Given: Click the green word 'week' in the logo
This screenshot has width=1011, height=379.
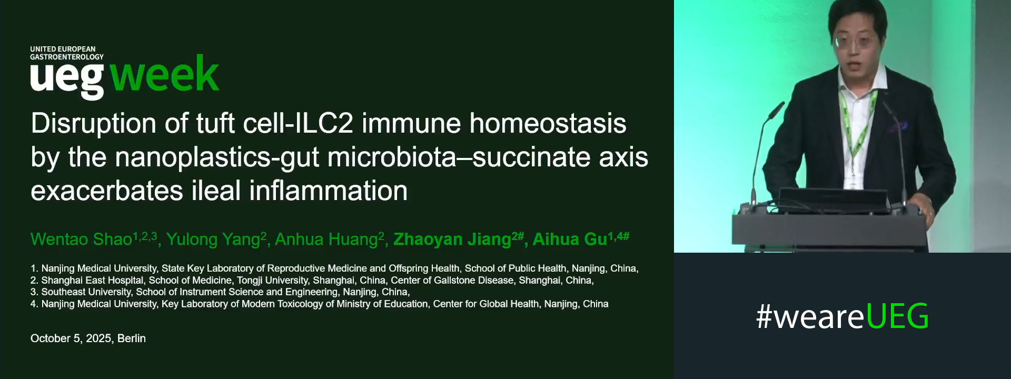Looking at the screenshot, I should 164,75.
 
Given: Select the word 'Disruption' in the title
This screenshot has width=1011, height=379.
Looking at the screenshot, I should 94,124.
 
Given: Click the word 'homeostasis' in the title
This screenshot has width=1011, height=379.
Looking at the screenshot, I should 548,124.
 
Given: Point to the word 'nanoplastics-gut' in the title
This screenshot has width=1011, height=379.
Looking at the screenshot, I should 217,157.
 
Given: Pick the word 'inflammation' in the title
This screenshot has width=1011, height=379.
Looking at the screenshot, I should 328,191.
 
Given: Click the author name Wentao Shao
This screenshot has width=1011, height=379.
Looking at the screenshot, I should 81,240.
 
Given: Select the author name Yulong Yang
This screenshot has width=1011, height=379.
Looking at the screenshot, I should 213,240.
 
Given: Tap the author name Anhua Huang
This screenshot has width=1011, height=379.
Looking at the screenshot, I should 326,240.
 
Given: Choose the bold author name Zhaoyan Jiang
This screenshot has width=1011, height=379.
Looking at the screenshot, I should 452,240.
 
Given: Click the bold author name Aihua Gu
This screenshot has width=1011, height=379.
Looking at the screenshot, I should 570,240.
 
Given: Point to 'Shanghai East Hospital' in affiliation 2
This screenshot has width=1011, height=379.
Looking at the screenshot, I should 92,281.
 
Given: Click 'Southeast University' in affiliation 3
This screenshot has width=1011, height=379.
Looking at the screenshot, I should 86,292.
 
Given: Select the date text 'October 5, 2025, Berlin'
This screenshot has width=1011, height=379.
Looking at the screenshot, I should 88,338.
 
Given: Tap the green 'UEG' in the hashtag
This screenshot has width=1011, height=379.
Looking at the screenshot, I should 897,316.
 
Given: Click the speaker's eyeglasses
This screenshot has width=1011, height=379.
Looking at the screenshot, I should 854,43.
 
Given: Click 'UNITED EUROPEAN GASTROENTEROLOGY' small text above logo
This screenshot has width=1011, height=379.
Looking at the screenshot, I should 66,53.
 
